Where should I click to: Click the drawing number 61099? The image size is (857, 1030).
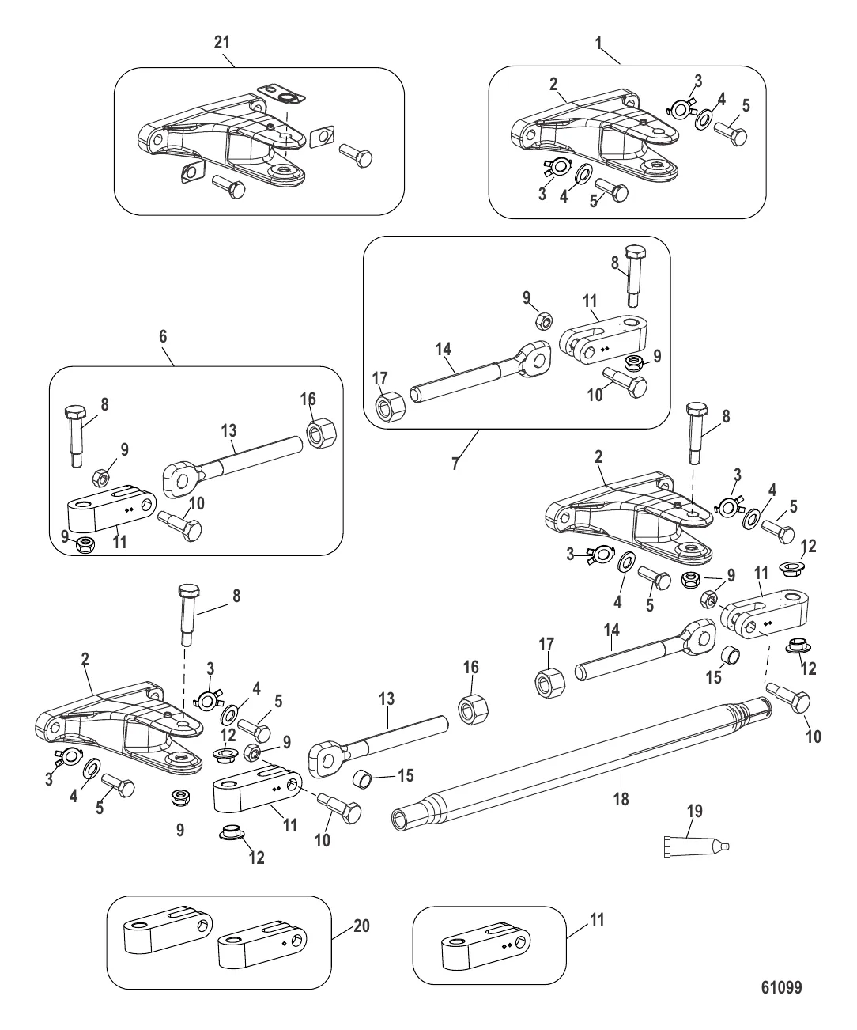tap(780, 988)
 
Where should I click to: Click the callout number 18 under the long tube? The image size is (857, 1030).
tap(621, 799)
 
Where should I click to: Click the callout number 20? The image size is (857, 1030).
tap(361, 926)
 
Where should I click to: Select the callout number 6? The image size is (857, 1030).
tap(163, 336)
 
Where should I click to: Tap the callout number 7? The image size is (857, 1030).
tap(455, 464)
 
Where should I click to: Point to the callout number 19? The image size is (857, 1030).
tap(695, 812)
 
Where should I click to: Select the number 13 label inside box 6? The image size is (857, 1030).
tap(228, 430)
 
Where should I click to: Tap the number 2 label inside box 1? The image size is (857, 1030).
tap(553, 83)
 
